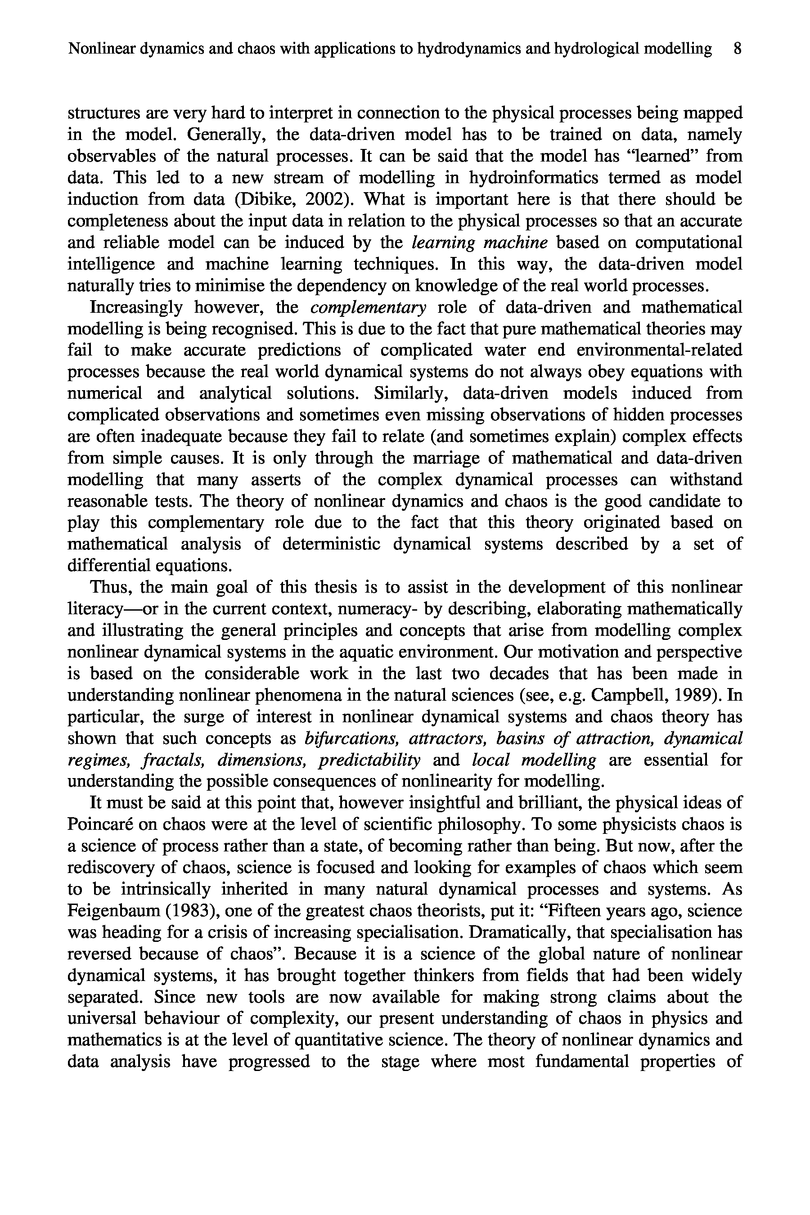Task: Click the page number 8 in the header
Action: coord(737,49)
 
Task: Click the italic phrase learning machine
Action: coord(480,242)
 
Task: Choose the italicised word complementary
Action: coord(368,307)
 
